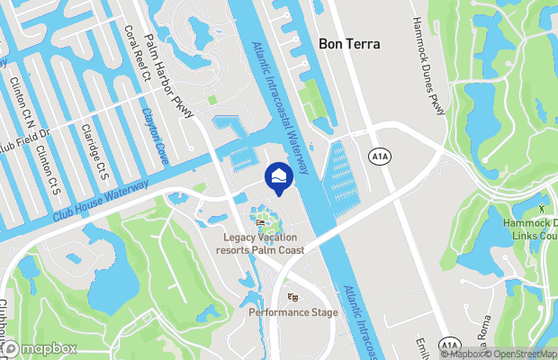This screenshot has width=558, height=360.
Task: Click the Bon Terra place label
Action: tap(349, 43)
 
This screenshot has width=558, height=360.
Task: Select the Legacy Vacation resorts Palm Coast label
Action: tap(263, 243)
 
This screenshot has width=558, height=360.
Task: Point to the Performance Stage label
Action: tap(293, 312)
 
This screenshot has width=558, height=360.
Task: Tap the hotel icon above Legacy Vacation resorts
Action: tap(261, 221)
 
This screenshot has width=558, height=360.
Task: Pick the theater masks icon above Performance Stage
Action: tap(292, 297)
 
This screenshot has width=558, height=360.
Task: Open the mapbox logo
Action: tap(40, 348)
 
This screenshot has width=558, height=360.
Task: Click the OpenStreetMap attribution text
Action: tap(521, 353)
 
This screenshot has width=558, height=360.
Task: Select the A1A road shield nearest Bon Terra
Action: tap(379, 157)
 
